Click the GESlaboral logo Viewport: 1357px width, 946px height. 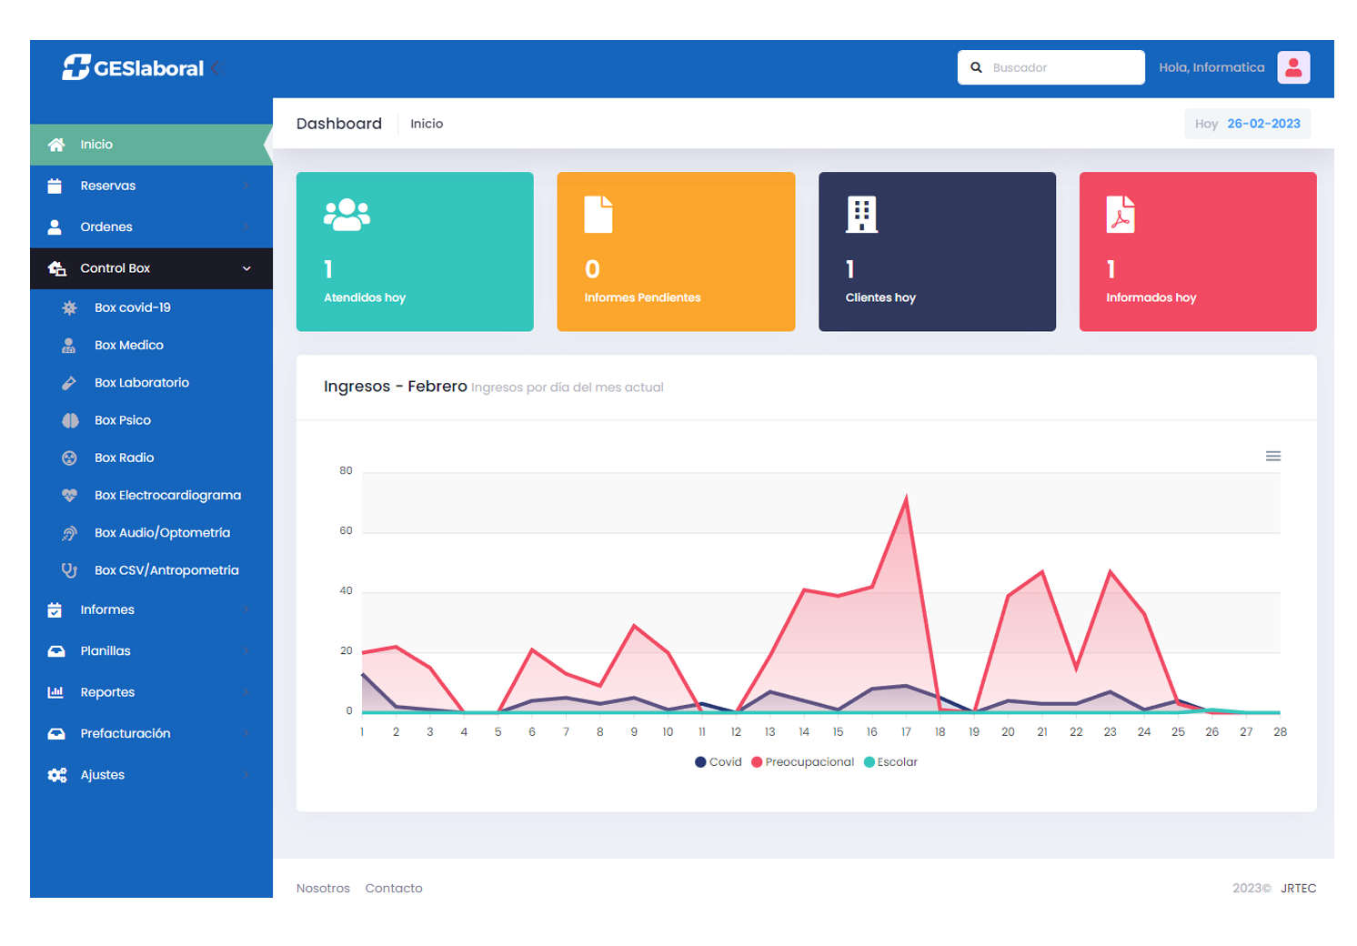click(133, 68)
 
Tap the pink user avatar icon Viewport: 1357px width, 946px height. click(1292, 67)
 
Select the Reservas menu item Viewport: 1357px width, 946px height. click(107, 186)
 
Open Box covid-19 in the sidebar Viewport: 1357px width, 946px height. click(133, 307)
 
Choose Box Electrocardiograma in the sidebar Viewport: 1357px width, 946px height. click(167, 495)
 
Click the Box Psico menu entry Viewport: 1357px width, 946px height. click(123, 420)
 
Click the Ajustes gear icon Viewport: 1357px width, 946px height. click(57, 775)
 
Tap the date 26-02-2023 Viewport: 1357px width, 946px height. click(1263, 124)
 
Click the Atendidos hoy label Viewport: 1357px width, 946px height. click(365, 297)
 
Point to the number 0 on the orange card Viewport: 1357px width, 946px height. click(592, 269)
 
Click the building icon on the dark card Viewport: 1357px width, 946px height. click(861, 215)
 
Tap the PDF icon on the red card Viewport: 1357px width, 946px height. click(1121, 215)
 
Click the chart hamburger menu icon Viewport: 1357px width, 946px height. click(1273, 456)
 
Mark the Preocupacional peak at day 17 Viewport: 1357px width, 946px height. click(906, 498)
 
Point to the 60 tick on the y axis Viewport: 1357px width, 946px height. click(346, 531)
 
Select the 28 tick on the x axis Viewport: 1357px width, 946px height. click(1280, 732)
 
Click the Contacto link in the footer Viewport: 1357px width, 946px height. click(394, 888)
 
